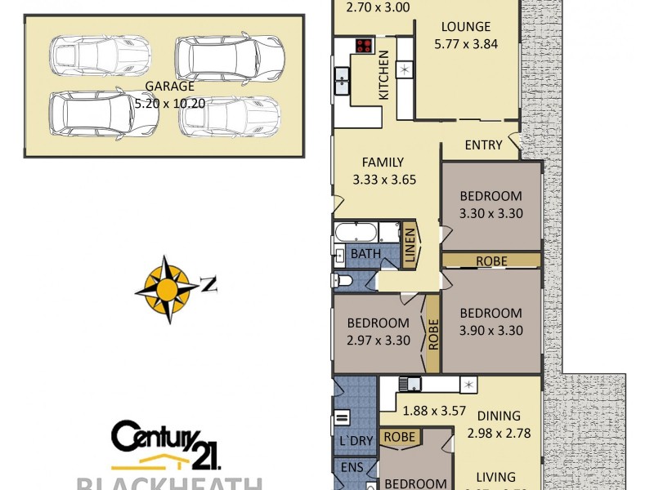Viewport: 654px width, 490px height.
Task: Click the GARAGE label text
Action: [x=169, y=86]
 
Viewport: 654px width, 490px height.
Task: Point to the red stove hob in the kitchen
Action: [x=364, y=47]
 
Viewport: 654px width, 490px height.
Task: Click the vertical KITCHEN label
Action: [x=383, y=74]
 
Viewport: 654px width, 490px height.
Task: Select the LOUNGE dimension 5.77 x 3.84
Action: [x=467, y=45]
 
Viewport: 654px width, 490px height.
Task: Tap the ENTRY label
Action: [x=483, y=145]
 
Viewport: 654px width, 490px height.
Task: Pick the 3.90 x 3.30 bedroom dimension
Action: [x=490, y=331]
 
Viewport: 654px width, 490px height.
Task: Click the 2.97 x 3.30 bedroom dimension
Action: [x=378, y=341]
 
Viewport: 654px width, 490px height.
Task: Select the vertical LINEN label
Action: [x=411, y=244]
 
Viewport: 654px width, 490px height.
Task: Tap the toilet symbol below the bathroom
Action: [x=343, y=280]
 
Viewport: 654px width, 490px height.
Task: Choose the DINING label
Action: [x=498, y=414]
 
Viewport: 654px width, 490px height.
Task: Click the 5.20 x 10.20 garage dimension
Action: [x=169, y=104]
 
